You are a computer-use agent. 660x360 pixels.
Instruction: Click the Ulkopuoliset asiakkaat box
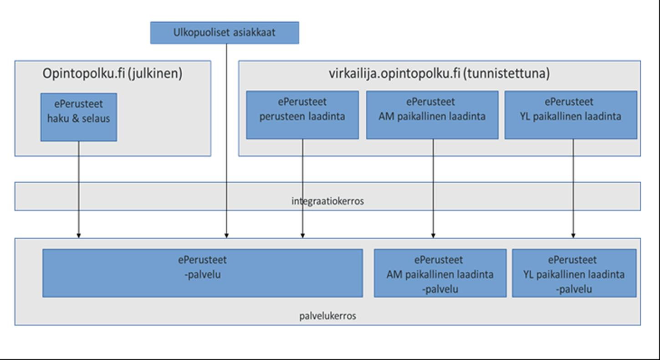[x=225, y=33]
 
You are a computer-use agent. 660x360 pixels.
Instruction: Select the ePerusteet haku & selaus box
[x=79, y=117]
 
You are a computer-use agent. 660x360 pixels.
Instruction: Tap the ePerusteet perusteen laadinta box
[x=302, y=115]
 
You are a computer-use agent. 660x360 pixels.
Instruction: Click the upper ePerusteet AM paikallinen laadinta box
[x=432, y=115]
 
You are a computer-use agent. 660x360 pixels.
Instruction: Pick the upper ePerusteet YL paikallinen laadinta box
[x=571, y=115]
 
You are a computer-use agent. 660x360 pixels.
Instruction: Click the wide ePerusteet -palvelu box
[x=203, y=273]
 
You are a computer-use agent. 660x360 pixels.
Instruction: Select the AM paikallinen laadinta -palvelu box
[x=440, y=273]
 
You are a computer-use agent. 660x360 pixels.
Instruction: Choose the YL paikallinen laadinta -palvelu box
[x=574, y=273]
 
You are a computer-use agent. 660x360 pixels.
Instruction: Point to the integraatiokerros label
[x=327, y=201]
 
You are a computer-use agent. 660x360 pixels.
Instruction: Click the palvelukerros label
[x=327, y=316]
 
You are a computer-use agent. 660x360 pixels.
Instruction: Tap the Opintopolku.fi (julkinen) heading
[x=113, y=73]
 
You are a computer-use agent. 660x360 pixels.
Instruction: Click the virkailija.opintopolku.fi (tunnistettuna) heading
[x=439, y=73]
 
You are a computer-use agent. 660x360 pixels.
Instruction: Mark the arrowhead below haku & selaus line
[x=79, y=236]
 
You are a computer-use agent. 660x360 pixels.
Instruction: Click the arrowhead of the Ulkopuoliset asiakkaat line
[x=226, y=236]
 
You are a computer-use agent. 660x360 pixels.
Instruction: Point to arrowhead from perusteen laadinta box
[x=302, y=236]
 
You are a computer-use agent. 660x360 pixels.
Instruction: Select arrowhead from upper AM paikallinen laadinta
[x=433, y=236]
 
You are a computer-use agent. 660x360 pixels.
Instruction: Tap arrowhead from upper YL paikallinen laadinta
[x=573, y=236]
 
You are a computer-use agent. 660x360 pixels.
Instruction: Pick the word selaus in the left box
[x=96, y=118]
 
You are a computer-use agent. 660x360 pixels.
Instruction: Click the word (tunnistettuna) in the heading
[x=507, y=73]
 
